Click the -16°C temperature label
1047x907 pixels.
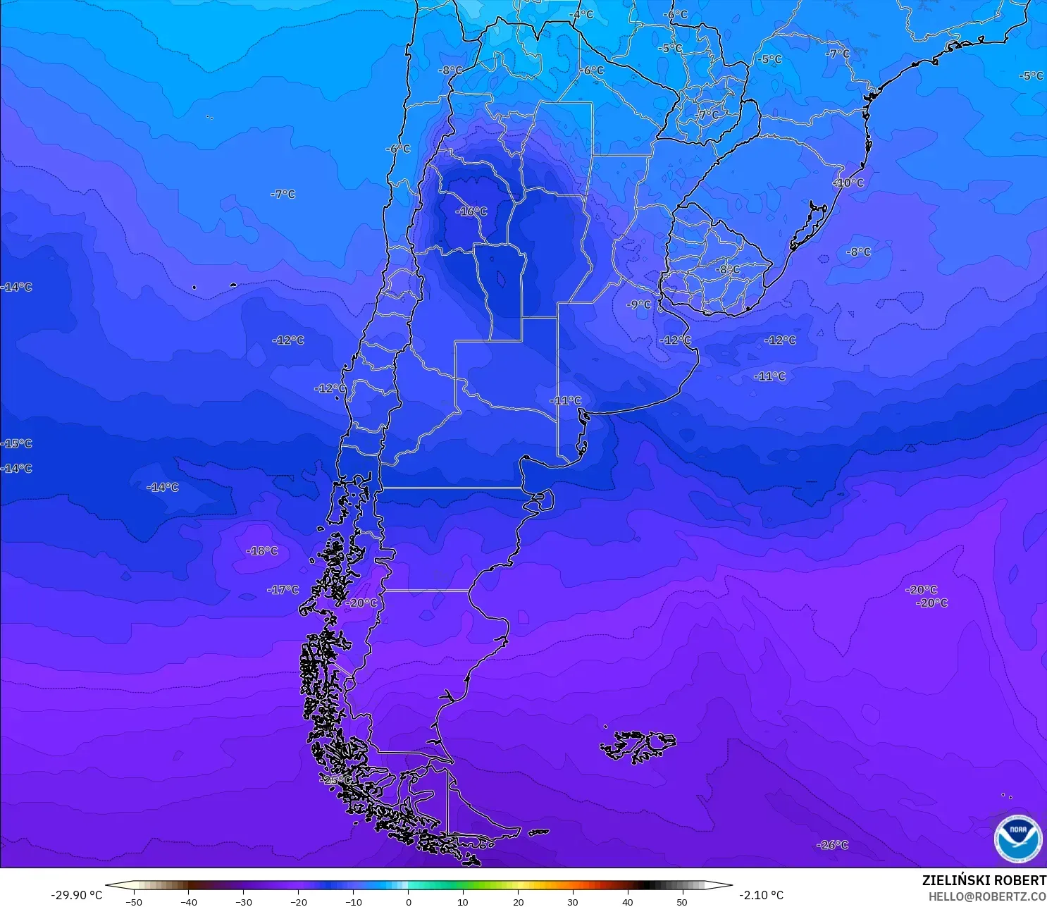click(471, 211)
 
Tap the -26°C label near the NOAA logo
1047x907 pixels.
click(832, 845)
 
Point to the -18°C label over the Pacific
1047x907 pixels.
click(262, 551)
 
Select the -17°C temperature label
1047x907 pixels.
click(283, 590)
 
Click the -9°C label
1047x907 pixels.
click(638, 304)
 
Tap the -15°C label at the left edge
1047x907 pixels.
click(17, 444)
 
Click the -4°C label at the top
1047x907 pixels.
click(581, 14)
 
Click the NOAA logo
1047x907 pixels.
click(1017, 839)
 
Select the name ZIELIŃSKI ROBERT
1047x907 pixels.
click(984, 880)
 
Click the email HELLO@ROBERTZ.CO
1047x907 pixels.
click(986, 896)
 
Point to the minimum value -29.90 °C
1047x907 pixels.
click(76, 895)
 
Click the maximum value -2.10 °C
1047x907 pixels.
click(761, 895)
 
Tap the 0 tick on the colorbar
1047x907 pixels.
click(409, 901)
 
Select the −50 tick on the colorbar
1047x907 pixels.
click(133, 901)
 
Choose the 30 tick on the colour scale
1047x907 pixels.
click(573, 901)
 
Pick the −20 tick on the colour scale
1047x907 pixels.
click(298, 901)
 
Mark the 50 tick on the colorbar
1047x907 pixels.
click(682, 901)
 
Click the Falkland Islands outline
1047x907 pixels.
click(638, 746)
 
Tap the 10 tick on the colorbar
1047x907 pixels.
click(463, 901)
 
